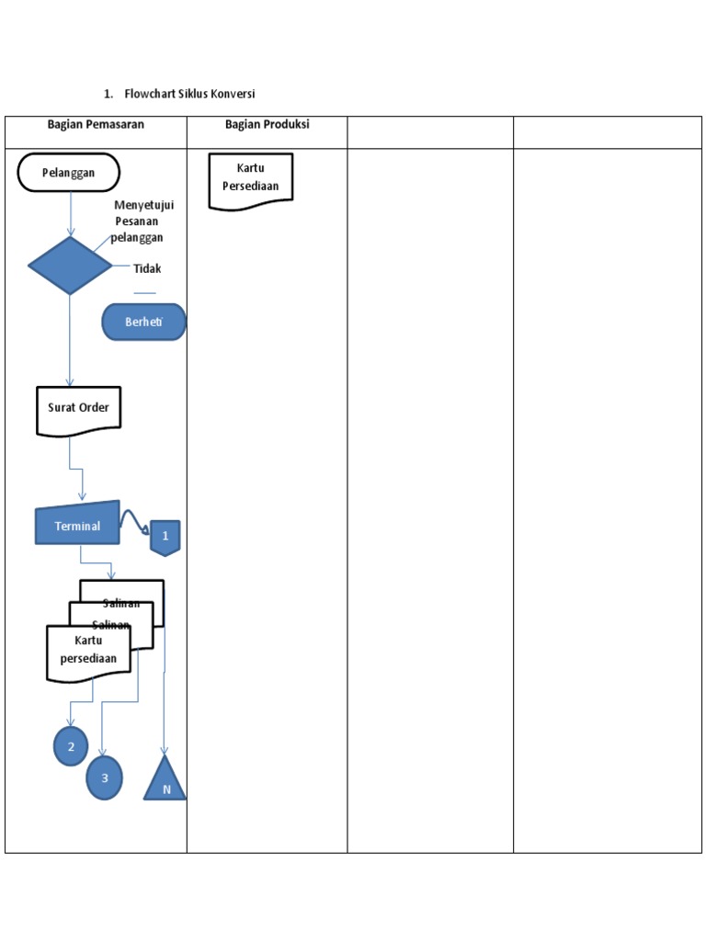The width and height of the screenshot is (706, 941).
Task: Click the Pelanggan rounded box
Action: coord(69,173)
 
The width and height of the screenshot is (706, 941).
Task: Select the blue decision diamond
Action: coord(70,266)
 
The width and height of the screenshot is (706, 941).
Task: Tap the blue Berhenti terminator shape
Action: coord(144,323)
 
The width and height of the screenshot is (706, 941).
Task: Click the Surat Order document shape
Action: coord(78,410)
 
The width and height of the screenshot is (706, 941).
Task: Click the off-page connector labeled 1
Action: coord(165,537)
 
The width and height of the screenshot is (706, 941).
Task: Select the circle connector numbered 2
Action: coord(71,746)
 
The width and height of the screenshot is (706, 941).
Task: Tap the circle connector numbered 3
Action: coord(104,777)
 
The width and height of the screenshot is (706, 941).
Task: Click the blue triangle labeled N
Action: coord(165,779)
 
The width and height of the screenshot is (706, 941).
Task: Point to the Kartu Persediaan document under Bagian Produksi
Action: coord(251,179)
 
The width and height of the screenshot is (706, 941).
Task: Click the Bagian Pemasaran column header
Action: coord(96,125)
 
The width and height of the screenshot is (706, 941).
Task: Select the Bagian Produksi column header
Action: coord(267,125)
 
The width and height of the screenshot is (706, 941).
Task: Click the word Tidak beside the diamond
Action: coord(147,269)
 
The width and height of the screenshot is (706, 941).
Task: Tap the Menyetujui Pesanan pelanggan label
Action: coord(142,221)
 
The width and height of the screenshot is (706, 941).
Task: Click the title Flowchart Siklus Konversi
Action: coord(189,94)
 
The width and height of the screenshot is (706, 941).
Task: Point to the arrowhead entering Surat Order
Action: coord(70,382)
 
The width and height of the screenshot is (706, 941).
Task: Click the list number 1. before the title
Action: coord(108,94)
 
